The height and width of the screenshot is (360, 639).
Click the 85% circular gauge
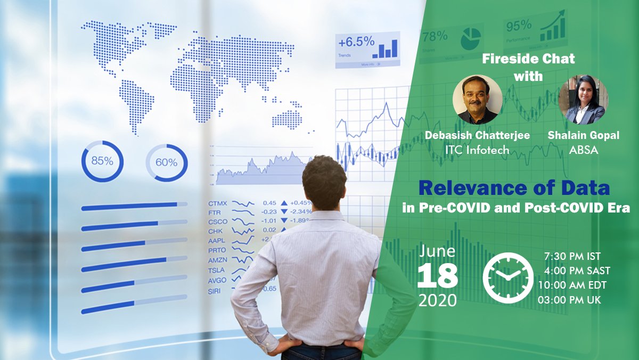[x=102, y=161]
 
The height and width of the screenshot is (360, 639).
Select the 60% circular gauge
[x=166, y=162]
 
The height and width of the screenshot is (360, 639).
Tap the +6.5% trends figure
[x=356, y=42]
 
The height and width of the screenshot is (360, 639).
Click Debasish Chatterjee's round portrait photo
[x=475, y=99]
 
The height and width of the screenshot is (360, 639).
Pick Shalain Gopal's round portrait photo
[x=583, y=100]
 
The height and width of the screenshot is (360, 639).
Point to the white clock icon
[x=507, y=277]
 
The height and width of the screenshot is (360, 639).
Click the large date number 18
[x=437, y=276]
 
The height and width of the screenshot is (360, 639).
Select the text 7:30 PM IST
[x=572, y=256]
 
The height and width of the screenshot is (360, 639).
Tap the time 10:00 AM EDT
[x=572, y=285]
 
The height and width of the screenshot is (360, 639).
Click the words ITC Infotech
[x=477, y=150]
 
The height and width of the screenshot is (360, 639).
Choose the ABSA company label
[x=583, y=150]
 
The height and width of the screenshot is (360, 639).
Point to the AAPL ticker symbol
[x=217, y=240]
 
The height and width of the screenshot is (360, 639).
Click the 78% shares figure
[x=435, y=36]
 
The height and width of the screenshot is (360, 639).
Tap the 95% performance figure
[x=519, y=26]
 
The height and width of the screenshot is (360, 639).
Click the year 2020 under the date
[x=437, y=300]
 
